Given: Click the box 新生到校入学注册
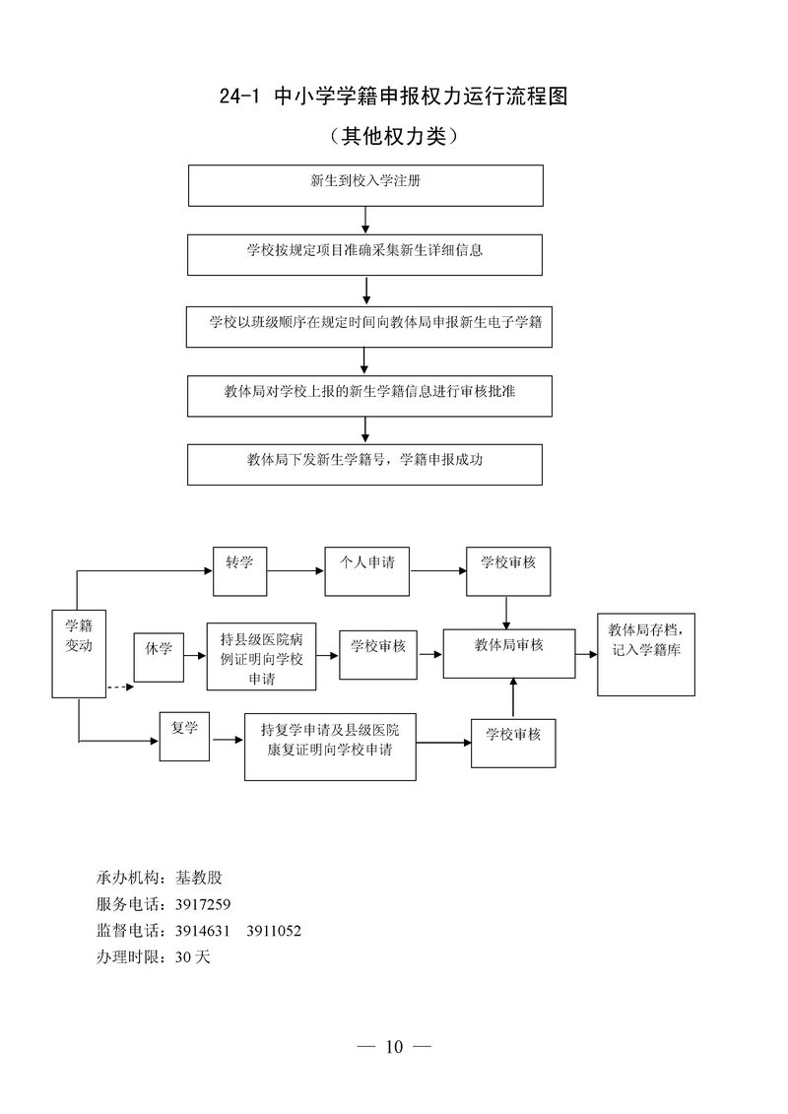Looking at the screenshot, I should click(x=365, y=185).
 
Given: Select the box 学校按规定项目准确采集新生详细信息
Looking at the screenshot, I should click(x=365, y=254).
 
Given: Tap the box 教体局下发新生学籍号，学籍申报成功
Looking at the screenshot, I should click(x=365, y=464).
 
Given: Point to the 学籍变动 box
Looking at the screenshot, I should click(x=79, y=653).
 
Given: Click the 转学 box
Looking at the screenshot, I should click(x=239, y=570).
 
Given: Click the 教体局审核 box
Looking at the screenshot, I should click(x=508, y=653).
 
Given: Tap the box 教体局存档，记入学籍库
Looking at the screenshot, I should click(x=646, y=654).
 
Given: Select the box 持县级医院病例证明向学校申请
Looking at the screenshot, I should click(x=261, y=656).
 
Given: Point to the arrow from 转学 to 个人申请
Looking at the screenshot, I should click(x=295, y=570).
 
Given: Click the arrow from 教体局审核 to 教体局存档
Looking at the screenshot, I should click(x=586, y=653).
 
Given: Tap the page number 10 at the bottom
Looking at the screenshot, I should click(x=394, y=1046).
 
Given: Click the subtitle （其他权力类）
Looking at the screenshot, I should click(x=394, y=137).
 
